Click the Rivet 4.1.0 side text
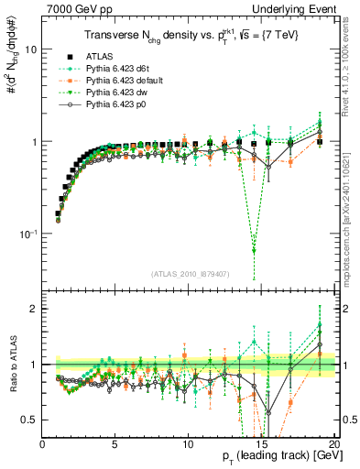pos(349,55)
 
